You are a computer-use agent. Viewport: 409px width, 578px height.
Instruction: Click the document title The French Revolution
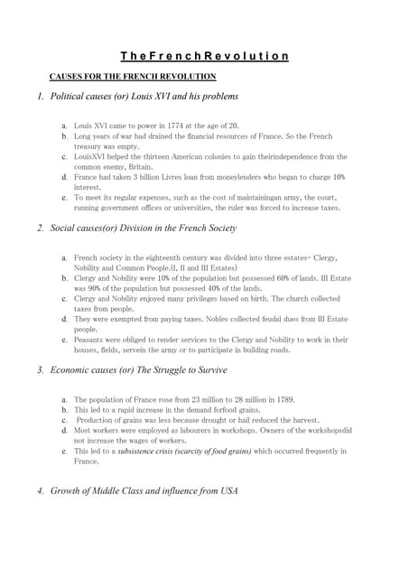[x=205, y=56]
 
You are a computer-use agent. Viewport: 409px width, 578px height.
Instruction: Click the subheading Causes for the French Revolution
[x=132, y=77]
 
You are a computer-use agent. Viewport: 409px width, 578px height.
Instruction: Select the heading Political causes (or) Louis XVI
[x=144, y=96]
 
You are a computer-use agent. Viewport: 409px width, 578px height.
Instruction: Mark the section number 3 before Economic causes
[x=41, y=370]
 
